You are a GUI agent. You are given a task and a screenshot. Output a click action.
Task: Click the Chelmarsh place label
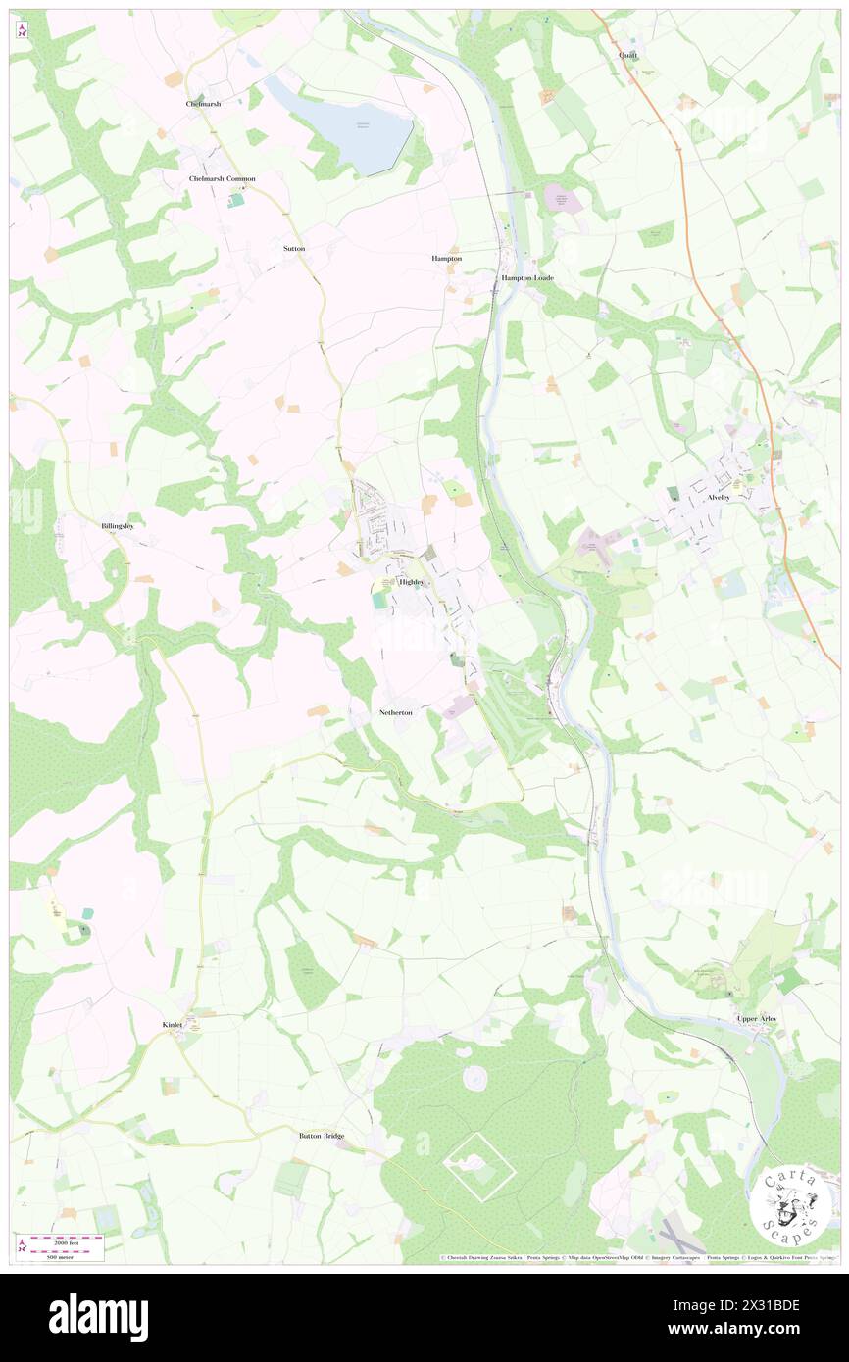tap(204, 103)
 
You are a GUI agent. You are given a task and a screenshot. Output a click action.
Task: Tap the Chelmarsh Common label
tap(222, 178)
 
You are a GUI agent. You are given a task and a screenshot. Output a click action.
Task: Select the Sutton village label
tap(294, 249)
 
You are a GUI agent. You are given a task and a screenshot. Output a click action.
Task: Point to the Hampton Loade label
tap(527, 278)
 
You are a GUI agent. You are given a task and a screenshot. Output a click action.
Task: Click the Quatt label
tap(627, 56)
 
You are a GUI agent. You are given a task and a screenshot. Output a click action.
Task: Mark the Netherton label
tap(396, 712)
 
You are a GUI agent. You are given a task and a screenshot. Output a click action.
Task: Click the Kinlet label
tap(173, 1025)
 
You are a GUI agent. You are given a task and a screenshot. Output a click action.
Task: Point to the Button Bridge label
tap(322, 1136)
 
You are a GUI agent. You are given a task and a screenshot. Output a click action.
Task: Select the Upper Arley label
tap(757, 1019)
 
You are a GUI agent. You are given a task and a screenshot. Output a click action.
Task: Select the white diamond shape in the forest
tap(479, 1165)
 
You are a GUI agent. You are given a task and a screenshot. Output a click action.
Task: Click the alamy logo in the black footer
tap(98, 1317)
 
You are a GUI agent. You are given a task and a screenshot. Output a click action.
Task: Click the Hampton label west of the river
tap(446, 258)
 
